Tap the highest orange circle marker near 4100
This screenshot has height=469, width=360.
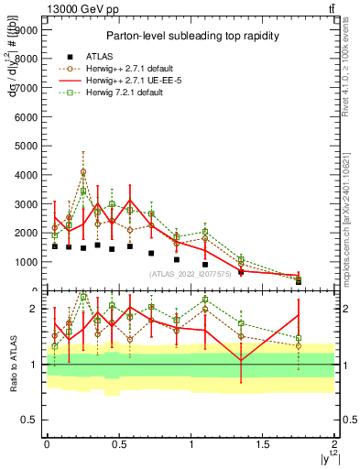(83, 171)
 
